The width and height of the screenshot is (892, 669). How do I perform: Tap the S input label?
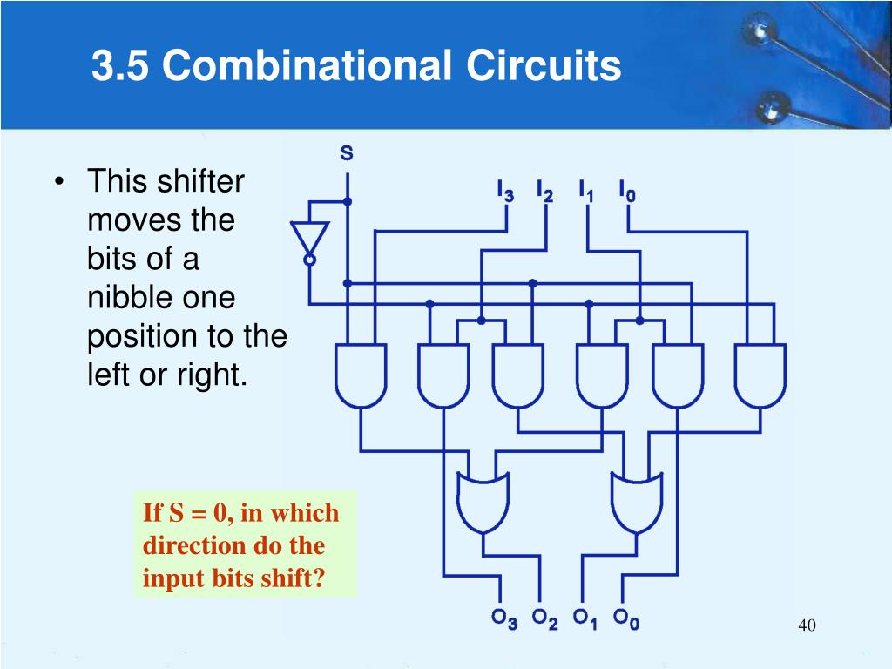[347, 154]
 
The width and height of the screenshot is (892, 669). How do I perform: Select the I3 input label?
[505, 191]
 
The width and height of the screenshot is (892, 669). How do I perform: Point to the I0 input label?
[627, 191]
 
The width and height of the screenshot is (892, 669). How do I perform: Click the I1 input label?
[586, 191]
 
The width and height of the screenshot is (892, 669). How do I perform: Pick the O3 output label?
[504, 619]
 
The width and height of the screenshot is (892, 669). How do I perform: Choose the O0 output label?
[626, 619]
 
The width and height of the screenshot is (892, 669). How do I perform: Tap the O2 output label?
[545, 619]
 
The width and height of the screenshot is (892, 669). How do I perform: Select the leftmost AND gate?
[361, 375]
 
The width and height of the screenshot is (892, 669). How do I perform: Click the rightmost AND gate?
[760, 375]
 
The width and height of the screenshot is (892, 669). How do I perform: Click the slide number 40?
[807, 625]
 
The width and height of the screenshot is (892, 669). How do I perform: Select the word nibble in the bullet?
[125, 298]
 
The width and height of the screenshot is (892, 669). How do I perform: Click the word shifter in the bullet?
[201, 183]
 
